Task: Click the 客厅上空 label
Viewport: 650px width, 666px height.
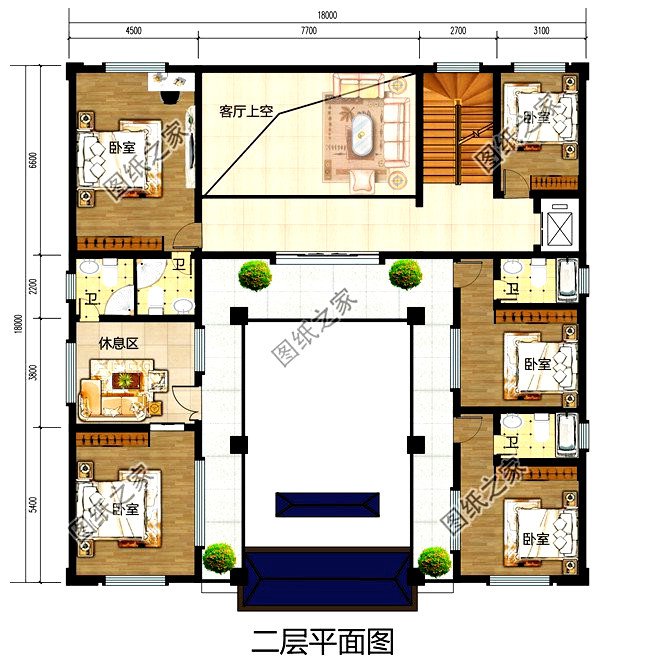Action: point(246,112)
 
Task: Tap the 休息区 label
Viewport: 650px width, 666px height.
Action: point(117,343)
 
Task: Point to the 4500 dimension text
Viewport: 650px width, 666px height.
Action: point(132,30)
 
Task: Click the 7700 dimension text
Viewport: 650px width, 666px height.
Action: point(308,30)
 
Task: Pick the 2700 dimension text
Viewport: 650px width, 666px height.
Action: point(458,30)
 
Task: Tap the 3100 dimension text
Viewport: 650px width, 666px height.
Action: point(541,30)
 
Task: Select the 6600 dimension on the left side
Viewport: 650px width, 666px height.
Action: point(33,160)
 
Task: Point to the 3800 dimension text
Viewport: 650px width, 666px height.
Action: point(33,372)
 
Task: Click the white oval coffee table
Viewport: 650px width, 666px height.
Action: point(360,132)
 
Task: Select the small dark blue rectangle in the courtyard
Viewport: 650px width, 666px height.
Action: point(328,503)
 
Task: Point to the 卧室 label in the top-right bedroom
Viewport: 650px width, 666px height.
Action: point(535,117)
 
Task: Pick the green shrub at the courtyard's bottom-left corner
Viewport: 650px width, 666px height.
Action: point(219,555)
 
